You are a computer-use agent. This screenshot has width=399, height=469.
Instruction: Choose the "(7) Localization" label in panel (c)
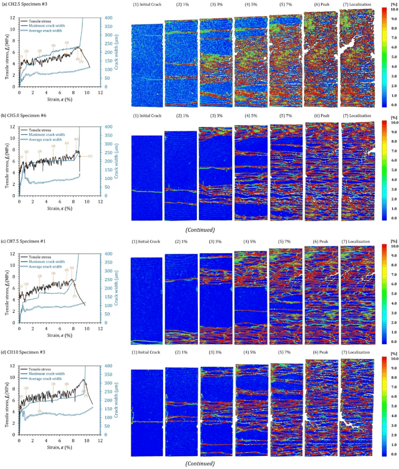356,242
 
